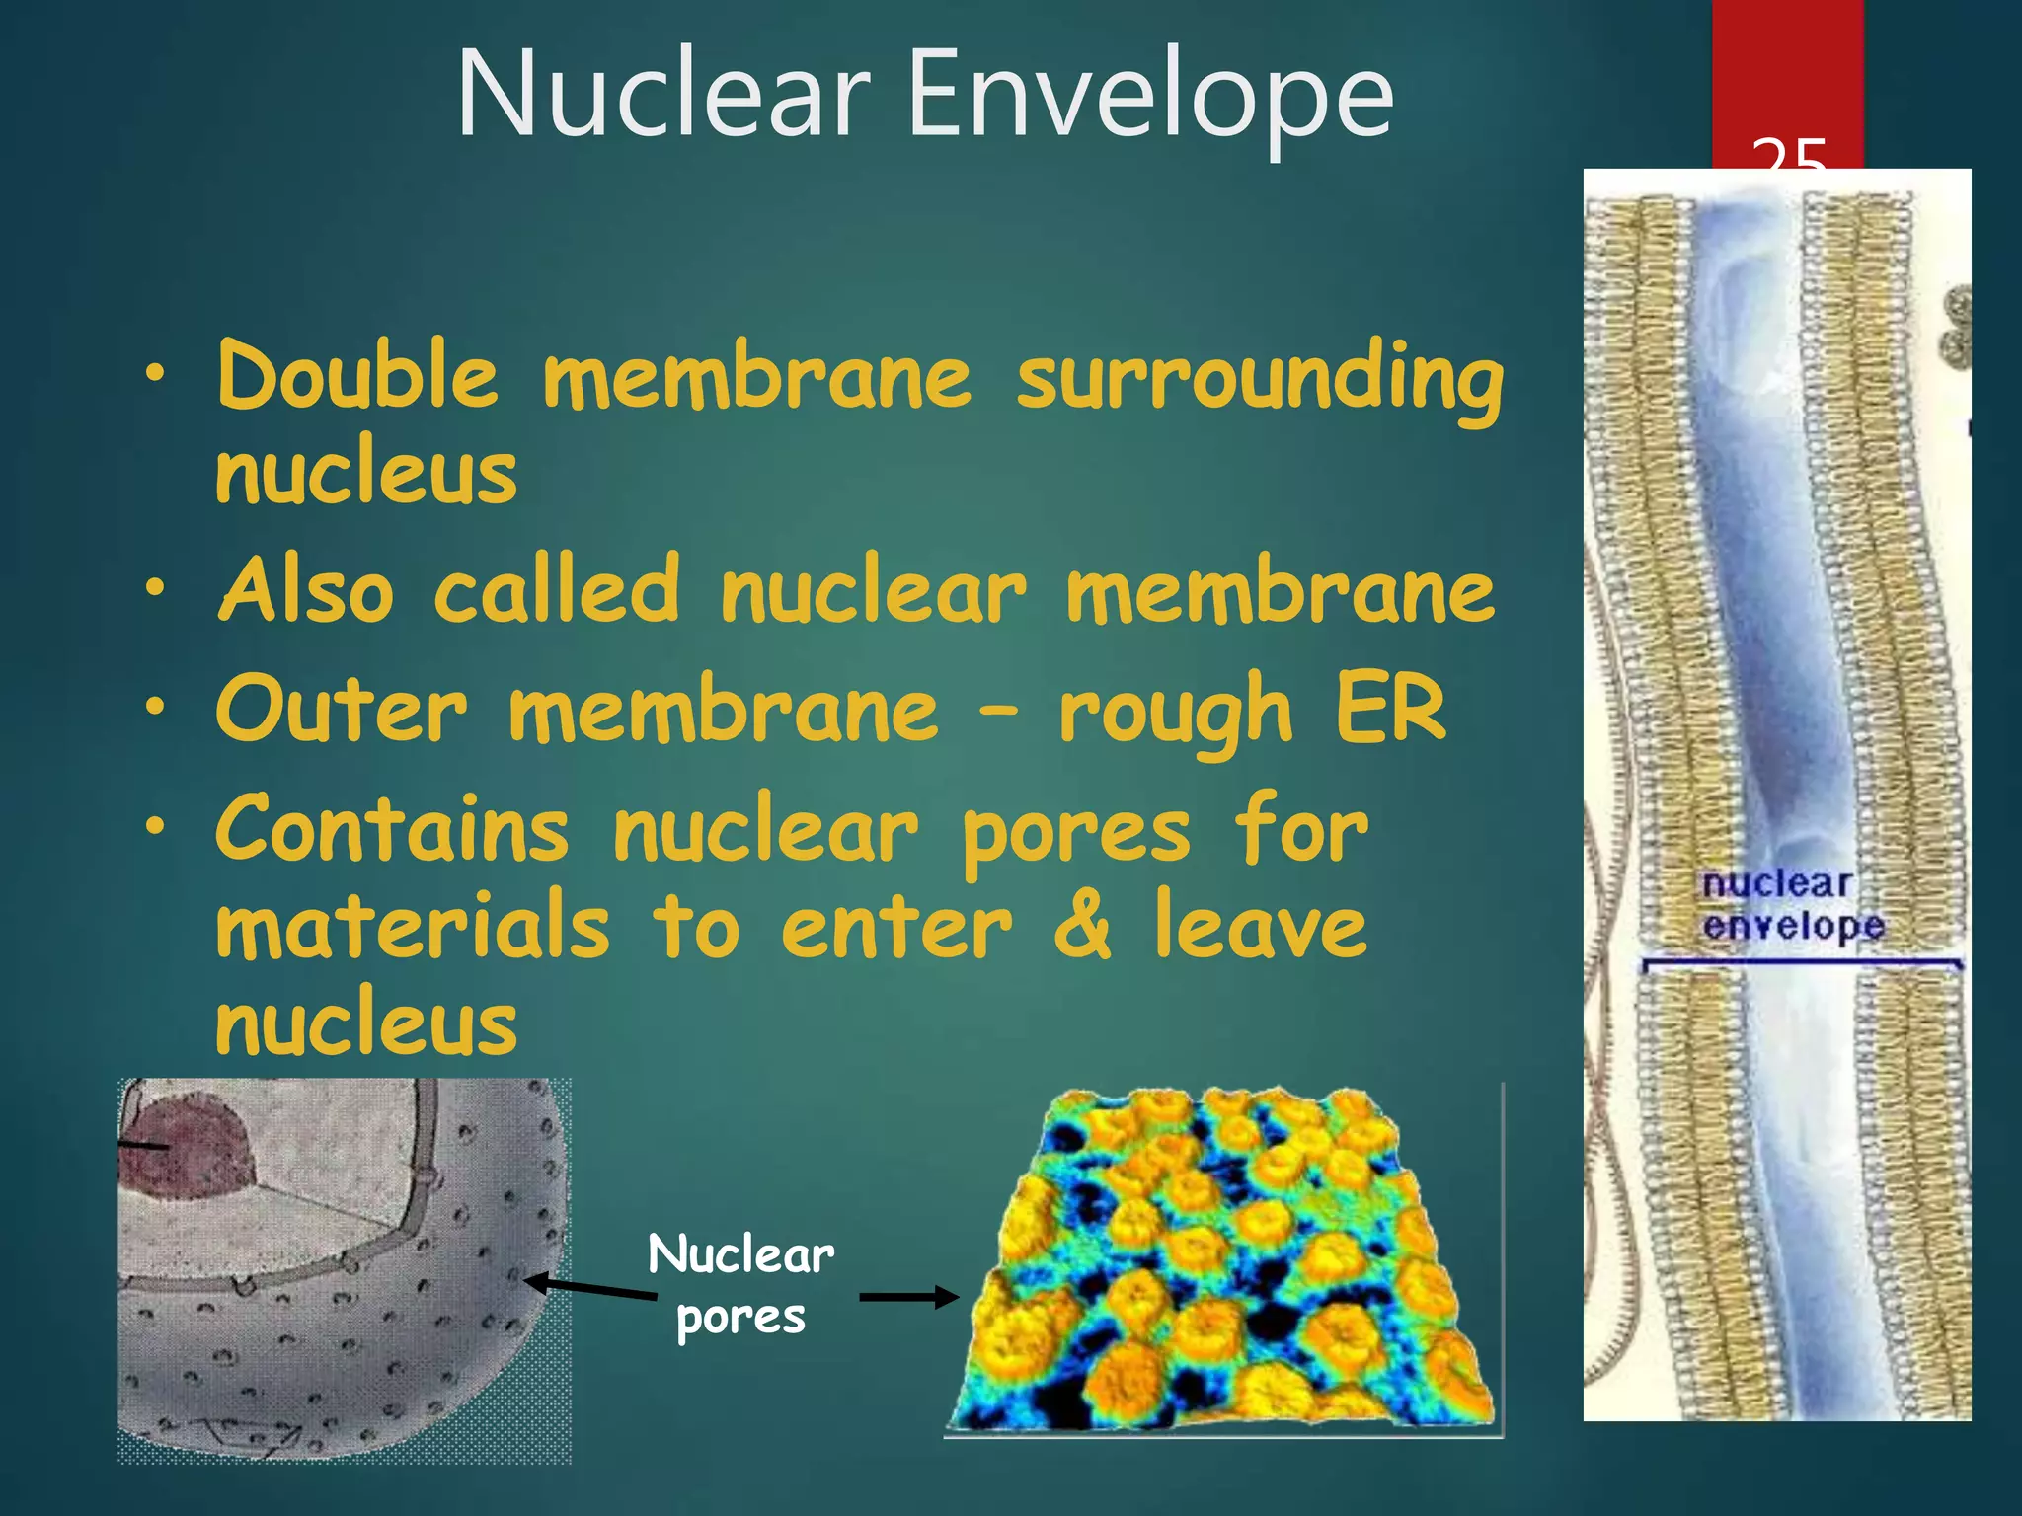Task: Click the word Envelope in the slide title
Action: click(x=1150, y=97)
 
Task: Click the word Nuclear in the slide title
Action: click(x=663, y=97)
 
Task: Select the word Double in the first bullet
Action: click(x=357, y=377)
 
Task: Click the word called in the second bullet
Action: click(x=557, y=590)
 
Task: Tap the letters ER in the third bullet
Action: click(x=1390, y=709)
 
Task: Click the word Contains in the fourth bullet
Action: click(x=392, y=829)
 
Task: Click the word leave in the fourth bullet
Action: click(x=1262, y=926)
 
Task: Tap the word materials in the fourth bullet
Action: click(x=413, y=926)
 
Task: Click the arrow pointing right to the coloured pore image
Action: click(x=908, y=1298)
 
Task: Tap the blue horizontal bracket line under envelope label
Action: click(x=1802, y=961)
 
